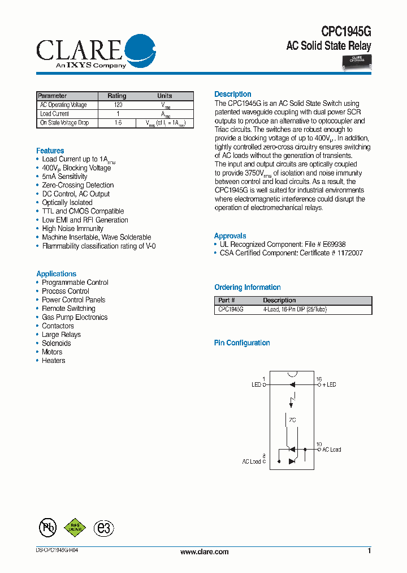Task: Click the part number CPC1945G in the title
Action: click(346, 32)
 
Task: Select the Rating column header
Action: click(117, 96)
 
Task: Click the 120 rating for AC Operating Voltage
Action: click(118, 105)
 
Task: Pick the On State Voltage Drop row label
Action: click(64, 123)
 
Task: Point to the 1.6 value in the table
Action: click(118, 123)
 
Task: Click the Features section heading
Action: click(50, 151)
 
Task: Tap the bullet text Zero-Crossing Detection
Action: click(77, 185)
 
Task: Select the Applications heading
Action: click(56, 273)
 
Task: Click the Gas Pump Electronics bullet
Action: click(75, 317)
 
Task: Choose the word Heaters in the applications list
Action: click(54, 361)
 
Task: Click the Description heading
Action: click(232, 94)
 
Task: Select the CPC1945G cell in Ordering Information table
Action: click(231, 310)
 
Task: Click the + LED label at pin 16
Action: click(329, 384)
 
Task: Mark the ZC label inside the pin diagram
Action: click(292, 421)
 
